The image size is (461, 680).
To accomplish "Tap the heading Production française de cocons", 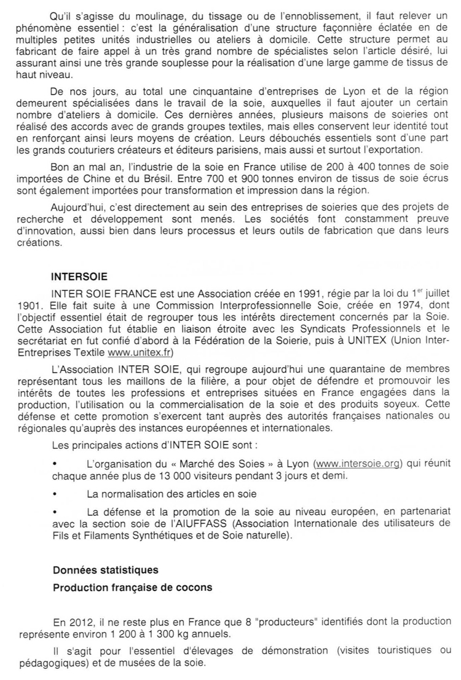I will tap(133, 587).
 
